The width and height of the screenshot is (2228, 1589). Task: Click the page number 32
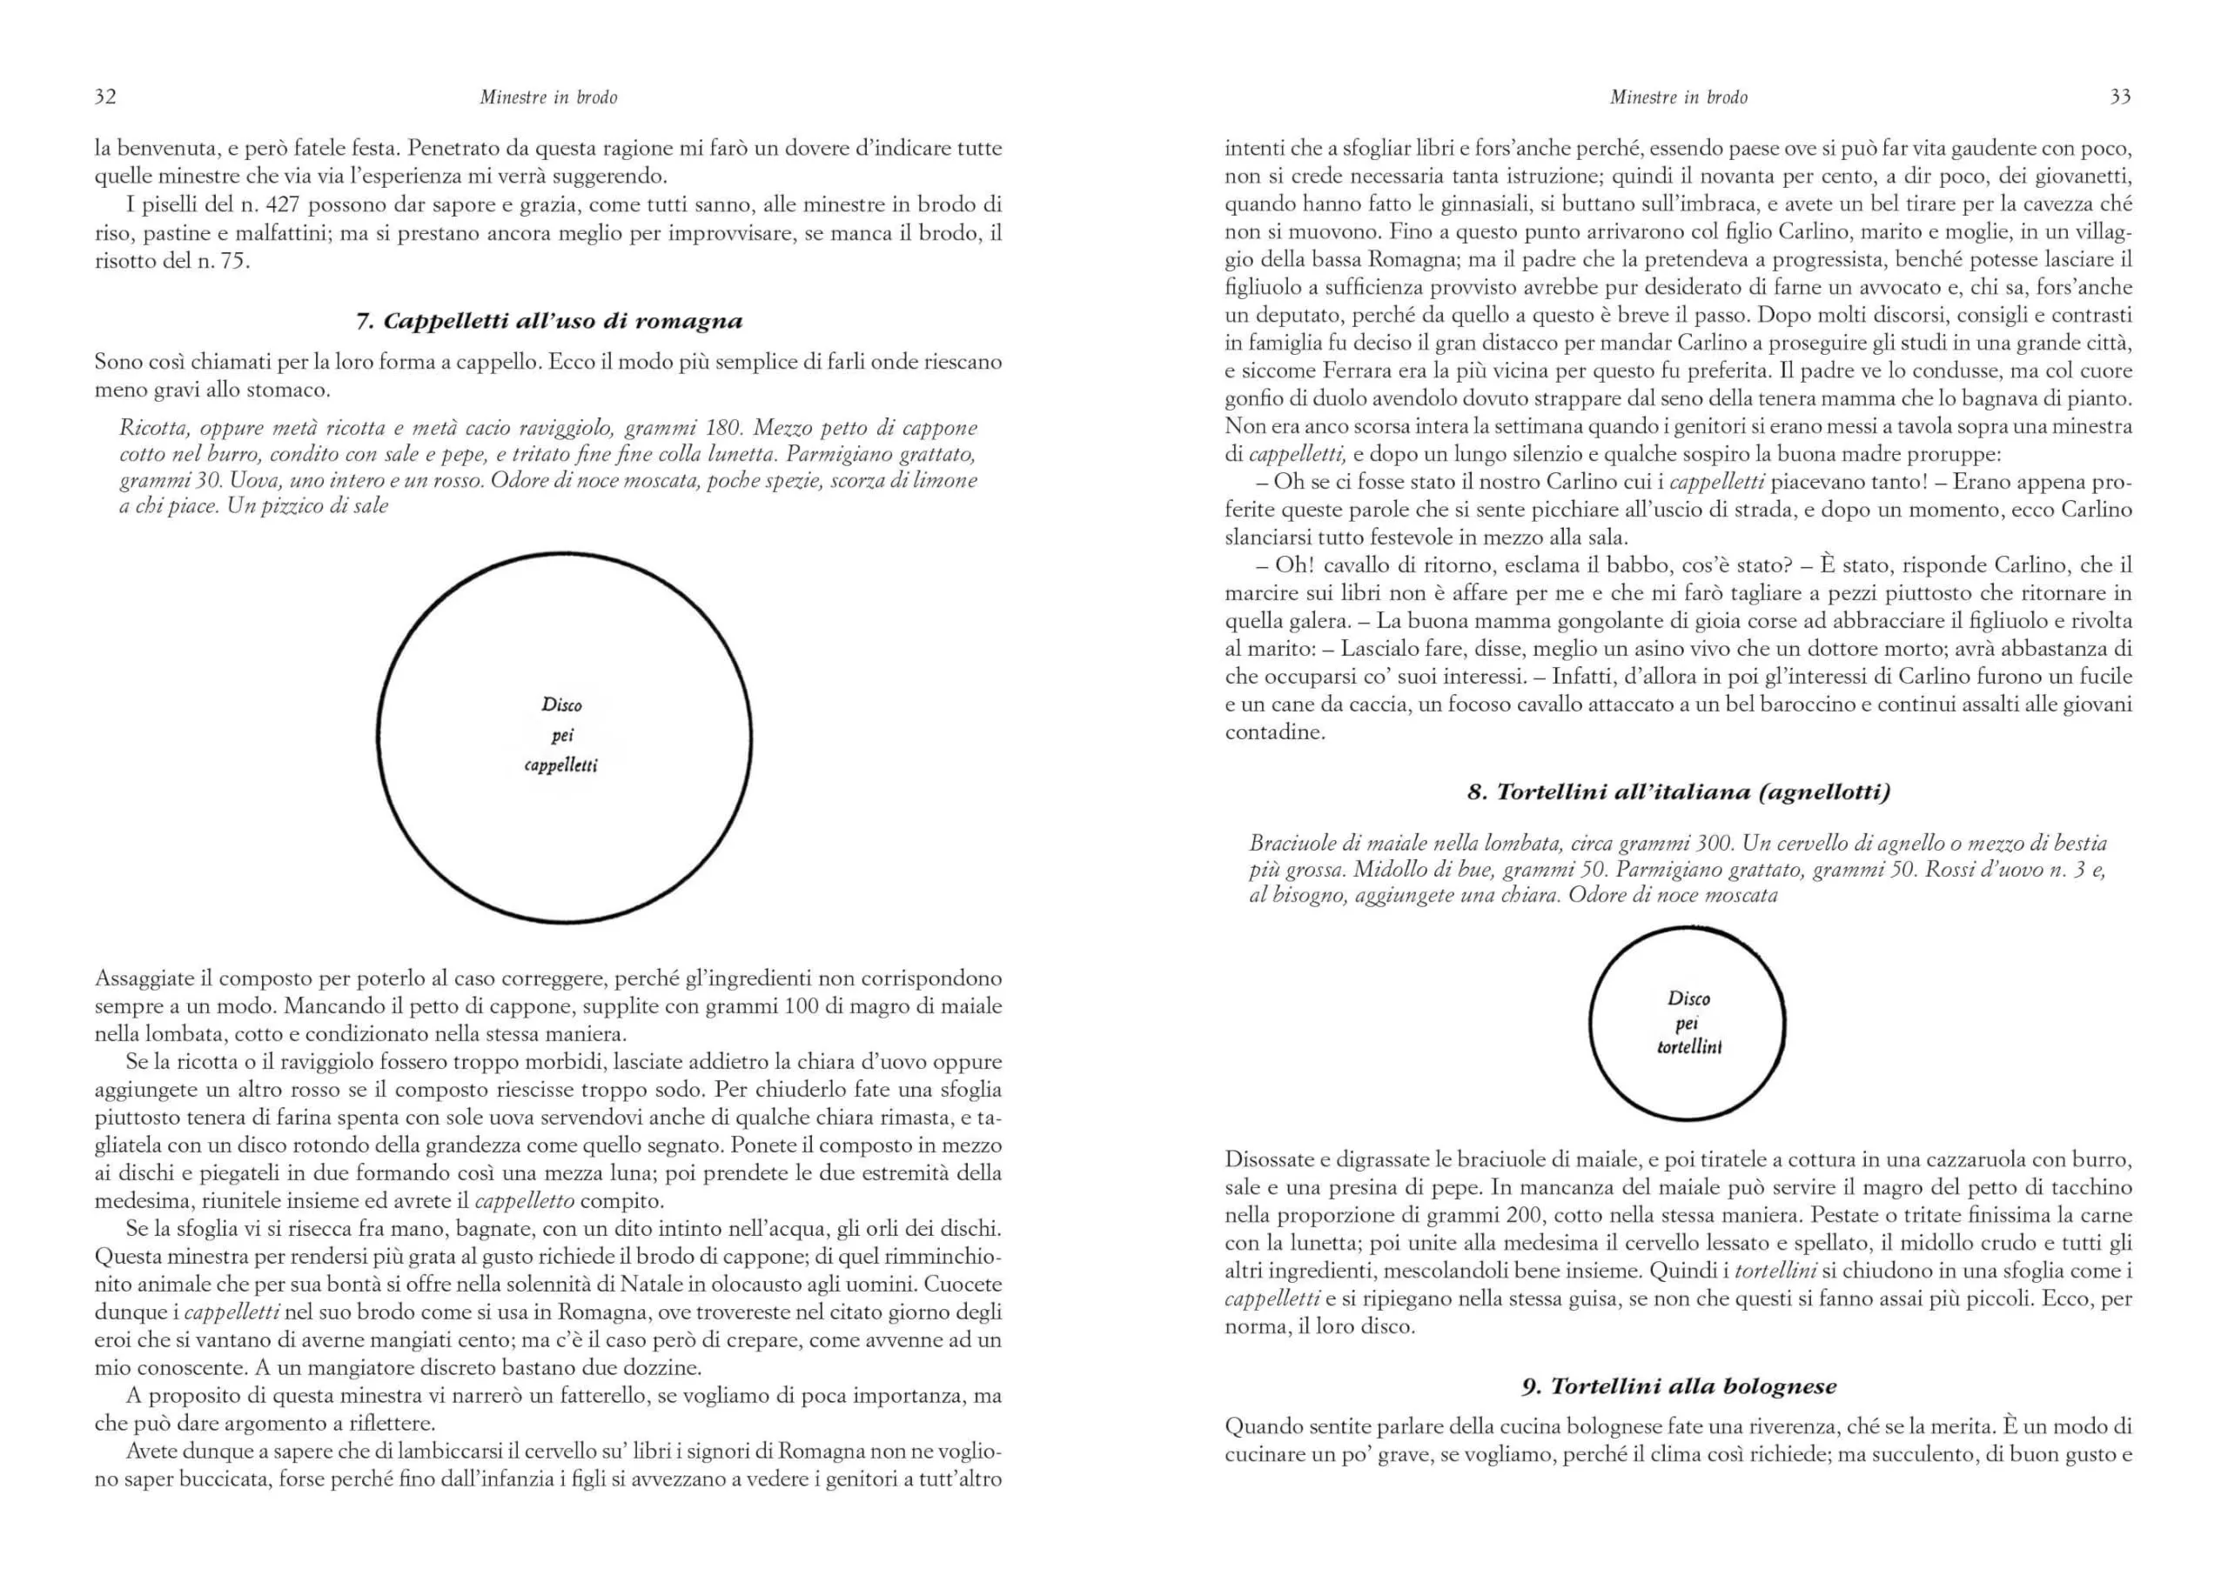tap(104, 96)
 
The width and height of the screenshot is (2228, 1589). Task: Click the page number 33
tap(2120, 96)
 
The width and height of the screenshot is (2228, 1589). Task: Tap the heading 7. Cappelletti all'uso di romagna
tap(548, 321)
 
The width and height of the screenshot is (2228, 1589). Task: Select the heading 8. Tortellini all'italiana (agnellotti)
tap(1678, 791)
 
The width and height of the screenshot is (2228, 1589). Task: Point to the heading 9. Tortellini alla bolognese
tap(1678, 1385)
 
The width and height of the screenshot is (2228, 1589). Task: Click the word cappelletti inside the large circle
tap(560, 765)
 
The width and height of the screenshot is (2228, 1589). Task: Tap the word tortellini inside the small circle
tap(1688, 1047)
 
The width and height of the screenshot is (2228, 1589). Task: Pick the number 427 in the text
tap(284, 204)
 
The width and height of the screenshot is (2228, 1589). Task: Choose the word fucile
tap(2105, 676)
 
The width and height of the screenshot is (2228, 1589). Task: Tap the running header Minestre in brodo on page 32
tap(548, 97)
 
